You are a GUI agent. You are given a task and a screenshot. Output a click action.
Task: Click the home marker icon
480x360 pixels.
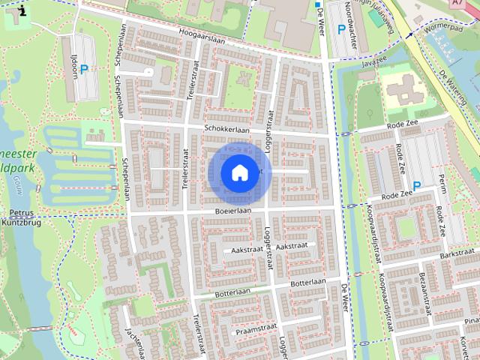pyautogui.click(x=239, y=172)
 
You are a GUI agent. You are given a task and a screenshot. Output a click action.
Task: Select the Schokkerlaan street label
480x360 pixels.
pyautogui.click(x=226, y=128)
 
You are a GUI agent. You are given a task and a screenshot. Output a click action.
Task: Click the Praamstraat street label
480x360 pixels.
pyautogui.click(x=252, y=329)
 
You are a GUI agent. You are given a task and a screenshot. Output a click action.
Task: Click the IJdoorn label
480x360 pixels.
pyautogui.click(x=71, y=58)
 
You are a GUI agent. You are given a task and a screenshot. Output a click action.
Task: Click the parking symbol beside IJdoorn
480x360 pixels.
pyautogui.click(x=85, y=69)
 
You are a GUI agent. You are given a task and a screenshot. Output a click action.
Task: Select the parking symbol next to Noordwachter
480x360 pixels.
pyautogui.click(x=342, y=30)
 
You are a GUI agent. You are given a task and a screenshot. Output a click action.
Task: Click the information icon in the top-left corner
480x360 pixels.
pyautogui.click(x=22, y=10)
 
